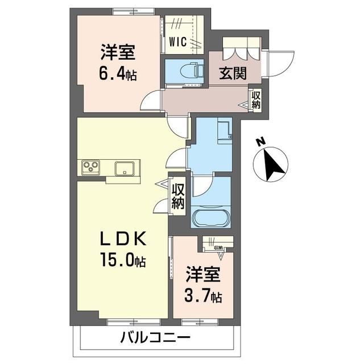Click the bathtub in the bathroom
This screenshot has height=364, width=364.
(x=210, y=218)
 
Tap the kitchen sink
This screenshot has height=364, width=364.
(x=124, y=168)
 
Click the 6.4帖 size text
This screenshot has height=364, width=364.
(x=119, y=74)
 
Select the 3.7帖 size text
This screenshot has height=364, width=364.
(x=203, y=296)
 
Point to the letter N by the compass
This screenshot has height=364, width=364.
(x=259, y=142)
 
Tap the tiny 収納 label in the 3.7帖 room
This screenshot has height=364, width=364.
(x=218, y=248)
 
